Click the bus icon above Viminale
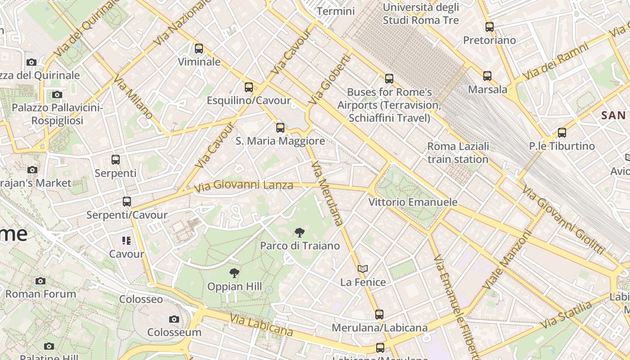point(198,49)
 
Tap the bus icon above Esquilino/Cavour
point(248,87)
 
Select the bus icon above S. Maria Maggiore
point(280,128)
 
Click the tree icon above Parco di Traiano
point(299,233)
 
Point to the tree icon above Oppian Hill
point(234,273)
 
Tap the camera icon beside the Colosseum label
point(174,319)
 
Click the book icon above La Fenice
point(363,269)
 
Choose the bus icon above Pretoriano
point(489,27)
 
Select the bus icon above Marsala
point(487,76)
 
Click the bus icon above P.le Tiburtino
point(562,133)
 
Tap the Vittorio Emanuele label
point(413,202)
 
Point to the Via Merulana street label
point(327,193)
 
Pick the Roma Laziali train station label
point(458,153)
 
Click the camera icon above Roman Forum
point(40,281)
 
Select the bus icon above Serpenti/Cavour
point(127,202)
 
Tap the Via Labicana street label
point(261,325)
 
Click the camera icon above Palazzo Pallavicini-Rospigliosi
point(57,95)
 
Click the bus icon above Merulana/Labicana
point(379,315)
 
